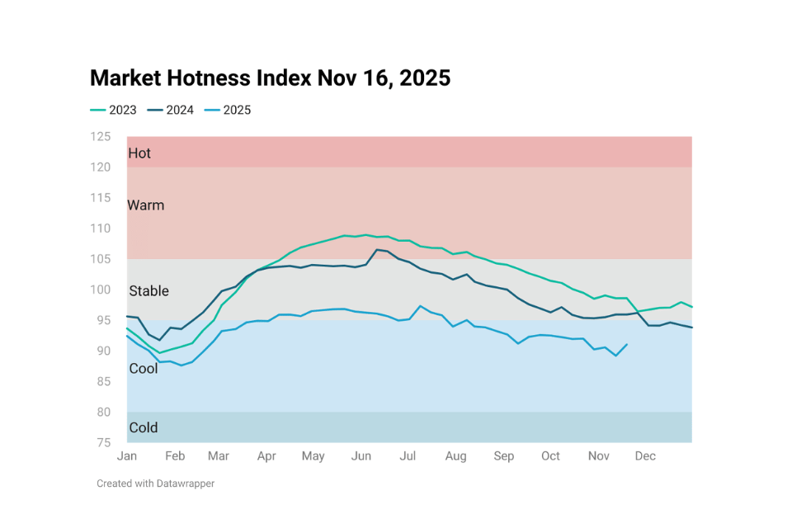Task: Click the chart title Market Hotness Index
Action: [x=270, y=78]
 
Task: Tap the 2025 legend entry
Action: [x=228, y=110]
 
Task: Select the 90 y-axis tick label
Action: [x=103, y=351]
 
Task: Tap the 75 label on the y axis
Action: [x=103, y=442]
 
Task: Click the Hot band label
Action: [x=139, y=153]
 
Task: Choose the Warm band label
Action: [x=145, y=205]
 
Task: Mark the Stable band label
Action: [x=148, y=291]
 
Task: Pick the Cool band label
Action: [x=143, y=369]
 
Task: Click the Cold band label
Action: [x=143, y=428]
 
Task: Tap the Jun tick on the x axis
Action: [x=361, y=456]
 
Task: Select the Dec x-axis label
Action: [x=645, y=456]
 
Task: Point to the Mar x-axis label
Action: [x=219, y=456]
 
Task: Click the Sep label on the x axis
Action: [x=503, y=456]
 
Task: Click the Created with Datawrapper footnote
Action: [x=155, y=483]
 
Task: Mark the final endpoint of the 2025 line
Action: [x=627, y=344]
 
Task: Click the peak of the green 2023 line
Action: [x=365, y=235]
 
